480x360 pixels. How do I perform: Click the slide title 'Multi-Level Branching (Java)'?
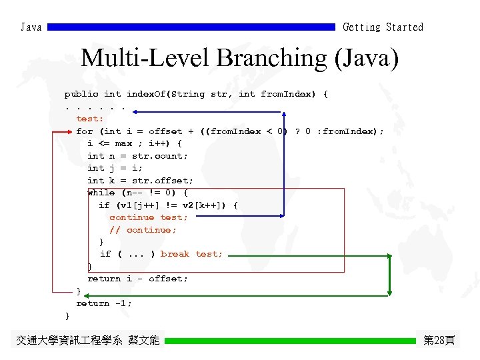(239, 59)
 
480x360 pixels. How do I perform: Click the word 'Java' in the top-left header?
(31, 27)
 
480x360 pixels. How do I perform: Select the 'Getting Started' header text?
(383, 27)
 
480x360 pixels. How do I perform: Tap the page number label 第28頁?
(439, 340)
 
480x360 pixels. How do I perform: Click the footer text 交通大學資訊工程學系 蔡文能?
(88, 341)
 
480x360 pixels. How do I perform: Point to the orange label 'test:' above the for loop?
(90, 119)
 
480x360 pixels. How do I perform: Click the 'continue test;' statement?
(149, 217)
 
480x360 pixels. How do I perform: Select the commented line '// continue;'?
(143, 230)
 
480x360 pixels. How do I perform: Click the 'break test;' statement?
(191, 254)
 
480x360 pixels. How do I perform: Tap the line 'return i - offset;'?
(137, 279)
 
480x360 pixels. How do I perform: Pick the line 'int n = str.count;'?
(137, 156)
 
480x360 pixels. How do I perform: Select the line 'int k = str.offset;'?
(140, 181)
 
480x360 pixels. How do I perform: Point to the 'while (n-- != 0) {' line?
(137, 193)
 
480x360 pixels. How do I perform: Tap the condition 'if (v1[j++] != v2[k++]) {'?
(168, 205)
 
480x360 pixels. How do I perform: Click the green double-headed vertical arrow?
(390, 274)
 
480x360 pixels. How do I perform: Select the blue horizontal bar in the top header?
(191, 27)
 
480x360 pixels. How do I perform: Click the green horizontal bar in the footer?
(290, 341)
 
